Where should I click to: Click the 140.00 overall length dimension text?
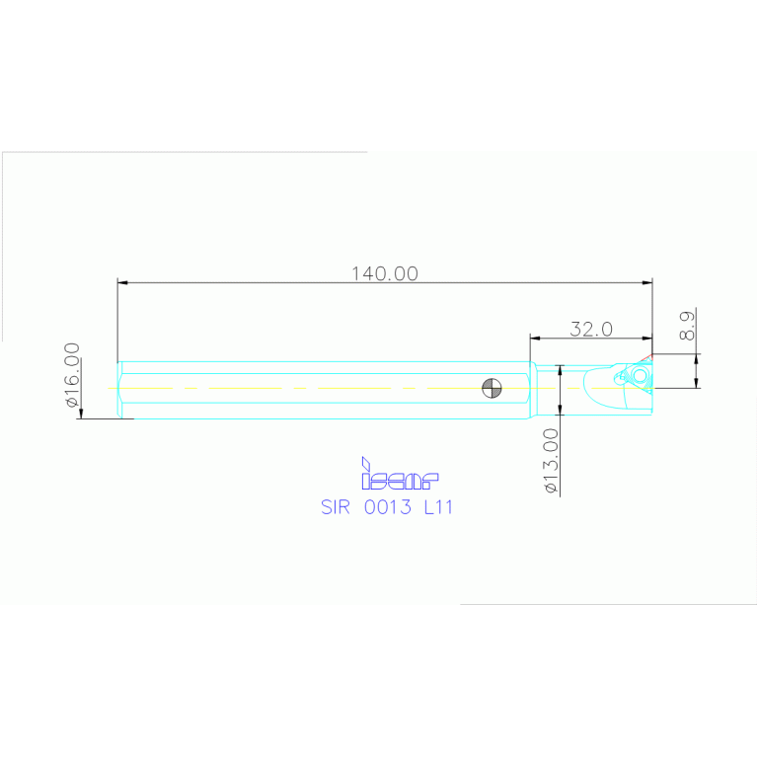[x=385, y=273]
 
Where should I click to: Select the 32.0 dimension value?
[x=591, y=329]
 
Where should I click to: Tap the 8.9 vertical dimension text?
[x=688, y=325]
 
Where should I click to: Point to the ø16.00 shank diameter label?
[x=71, y=375]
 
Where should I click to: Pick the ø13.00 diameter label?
[x=551, y=461]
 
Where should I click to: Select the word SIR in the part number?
[x=337, y=507]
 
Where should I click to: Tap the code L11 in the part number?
[x=437, y=507]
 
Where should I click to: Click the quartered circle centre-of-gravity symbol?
[x=490, y=388]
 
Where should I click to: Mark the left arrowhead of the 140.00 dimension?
[x=122, y=283]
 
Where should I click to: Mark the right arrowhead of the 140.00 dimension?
[x=647, y=283]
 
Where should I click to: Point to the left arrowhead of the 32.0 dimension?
[x=535, y=338]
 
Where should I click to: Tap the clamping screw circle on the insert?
[x=640, y=376]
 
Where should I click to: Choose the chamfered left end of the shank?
[x=119, y=388]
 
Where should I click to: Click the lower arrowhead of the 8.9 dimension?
[x=697, y=382]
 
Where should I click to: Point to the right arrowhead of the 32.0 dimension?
[x=647, y=338]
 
